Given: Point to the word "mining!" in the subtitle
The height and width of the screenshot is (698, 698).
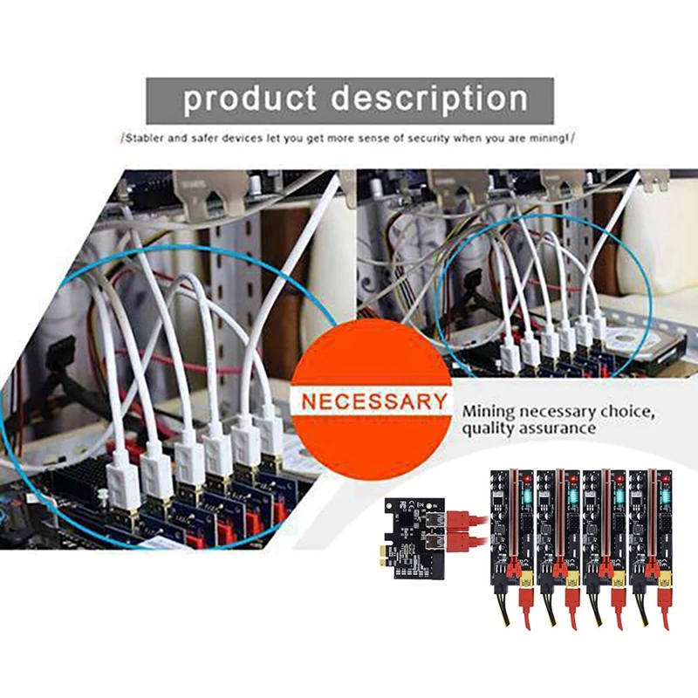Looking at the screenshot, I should coord(556,138).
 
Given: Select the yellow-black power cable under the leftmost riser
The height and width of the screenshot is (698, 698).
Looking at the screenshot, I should coord(505,606).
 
